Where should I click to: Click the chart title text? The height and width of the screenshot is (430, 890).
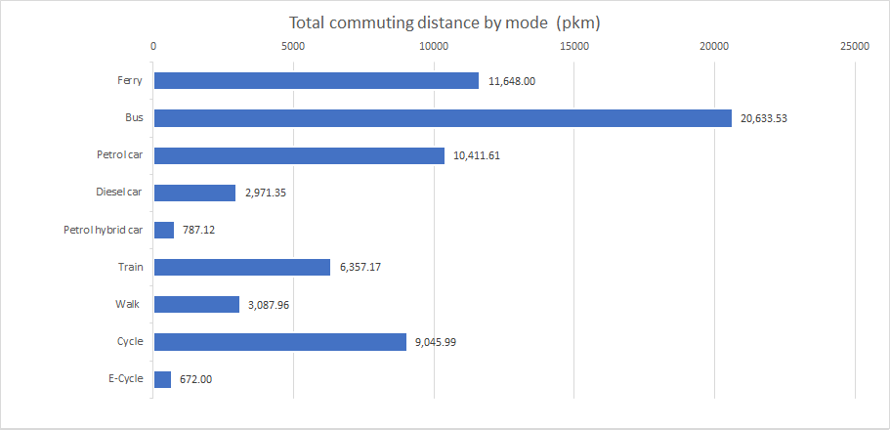[445, 22]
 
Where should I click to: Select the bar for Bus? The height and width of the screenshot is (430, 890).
[442, 118]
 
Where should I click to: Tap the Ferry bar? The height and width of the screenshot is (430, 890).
[316, 81]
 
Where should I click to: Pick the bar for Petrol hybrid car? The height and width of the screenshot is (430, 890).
[164, 231]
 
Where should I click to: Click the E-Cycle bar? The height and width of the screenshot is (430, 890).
[162, 379]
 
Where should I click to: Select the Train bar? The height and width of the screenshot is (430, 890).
[241, 268]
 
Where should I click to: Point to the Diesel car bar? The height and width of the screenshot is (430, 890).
[194, 193]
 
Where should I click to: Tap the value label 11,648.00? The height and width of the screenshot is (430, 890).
[512, 81]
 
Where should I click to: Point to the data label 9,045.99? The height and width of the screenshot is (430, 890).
[440, 342]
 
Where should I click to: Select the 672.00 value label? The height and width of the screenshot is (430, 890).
[196, 379]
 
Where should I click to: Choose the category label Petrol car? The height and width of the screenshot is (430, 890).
[119, 155]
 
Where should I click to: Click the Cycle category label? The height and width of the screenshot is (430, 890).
[129, 341]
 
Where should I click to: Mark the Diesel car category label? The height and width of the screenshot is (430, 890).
[119, 193]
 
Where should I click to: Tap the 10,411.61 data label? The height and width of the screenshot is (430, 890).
[478, 156]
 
